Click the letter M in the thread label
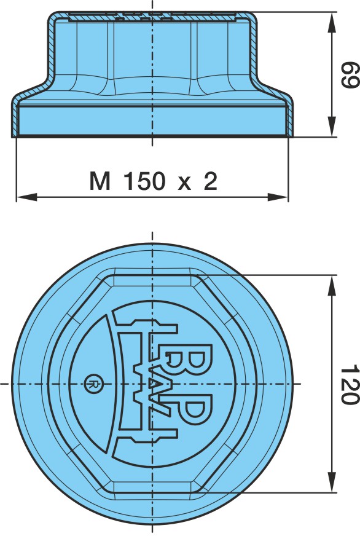[x=100, y=181]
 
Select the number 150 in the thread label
[x=144, y=181]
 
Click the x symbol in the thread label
[x=184, y=184]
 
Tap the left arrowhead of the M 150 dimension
[x=26, y=197]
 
